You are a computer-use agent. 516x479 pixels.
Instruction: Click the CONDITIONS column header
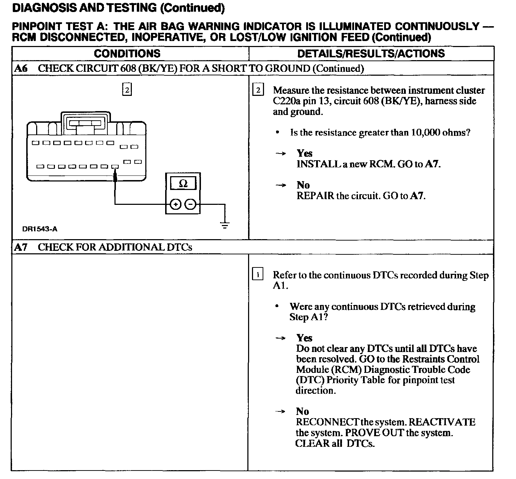click(127, 53)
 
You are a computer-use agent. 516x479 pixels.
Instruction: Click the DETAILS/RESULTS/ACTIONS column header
click(371, 53)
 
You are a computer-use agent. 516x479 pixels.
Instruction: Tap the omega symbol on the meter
click(183, 184)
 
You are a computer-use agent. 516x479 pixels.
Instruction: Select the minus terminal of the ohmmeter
click(191, 204)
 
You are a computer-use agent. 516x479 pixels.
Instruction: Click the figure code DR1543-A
click(40, 229)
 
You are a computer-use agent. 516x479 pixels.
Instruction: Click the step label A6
click(21, 68)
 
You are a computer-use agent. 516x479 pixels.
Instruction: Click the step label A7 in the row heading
click(21, 247)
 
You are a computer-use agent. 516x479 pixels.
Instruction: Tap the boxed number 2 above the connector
click(127, 90)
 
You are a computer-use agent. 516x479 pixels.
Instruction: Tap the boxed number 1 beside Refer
click(258, 275)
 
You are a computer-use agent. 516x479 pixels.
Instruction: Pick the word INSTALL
click(318, 164)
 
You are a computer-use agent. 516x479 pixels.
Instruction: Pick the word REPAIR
click(315, 196)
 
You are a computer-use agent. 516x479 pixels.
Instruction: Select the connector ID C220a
click(286, 101)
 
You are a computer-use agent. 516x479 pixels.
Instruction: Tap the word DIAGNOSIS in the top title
click(44, 7)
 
